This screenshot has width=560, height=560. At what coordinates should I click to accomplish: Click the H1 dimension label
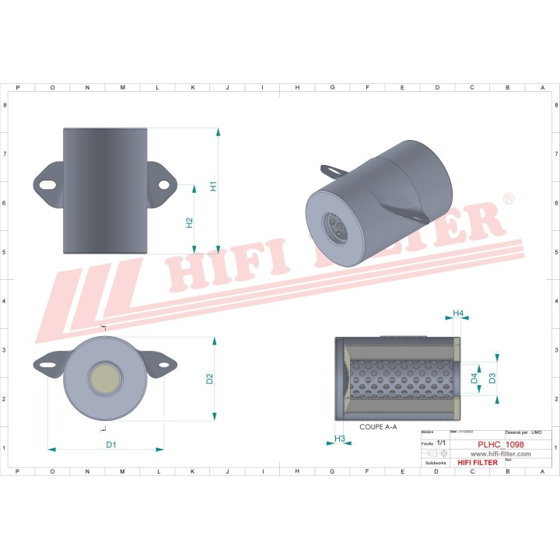(x=212, y=187)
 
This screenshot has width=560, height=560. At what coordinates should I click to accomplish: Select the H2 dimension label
(x=189, y=223)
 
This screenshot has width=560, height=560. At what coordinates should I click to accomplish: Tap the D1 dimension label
(x=111, y=444)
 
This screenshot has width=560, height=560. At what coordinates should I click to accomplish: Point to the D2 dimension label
(x=209, y=380)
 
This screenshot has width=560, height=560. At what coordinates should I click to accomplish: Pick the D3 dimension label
(x=492, y=379)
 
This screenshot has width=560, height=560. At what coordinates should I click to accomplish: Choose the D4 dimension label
(x=474, y=379)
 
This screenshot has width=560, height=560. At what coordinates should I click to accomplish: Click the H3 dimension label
(x=340, y=439)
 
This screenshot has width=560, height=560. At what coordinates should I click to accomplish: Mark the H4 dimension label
(x=458, y=313)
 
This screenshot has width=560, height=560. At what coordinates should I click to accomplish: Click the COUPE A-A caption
(x=378, y=427)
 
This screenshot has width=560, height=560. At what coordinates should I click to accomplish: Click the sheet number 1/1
(x=442, y=442)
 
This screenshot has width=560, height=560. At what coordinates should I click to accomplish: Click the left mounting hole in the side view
(x=47, y=185)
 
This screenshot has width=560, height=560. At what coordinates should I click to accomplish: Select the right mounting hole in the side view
(x=164, y=184)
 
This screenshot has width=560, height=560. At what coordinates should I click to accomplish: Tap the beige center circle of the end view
(x=105, y=377)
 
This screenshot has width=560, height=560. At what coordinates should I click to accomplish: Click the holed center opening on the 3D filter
(x=338, y=227)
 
